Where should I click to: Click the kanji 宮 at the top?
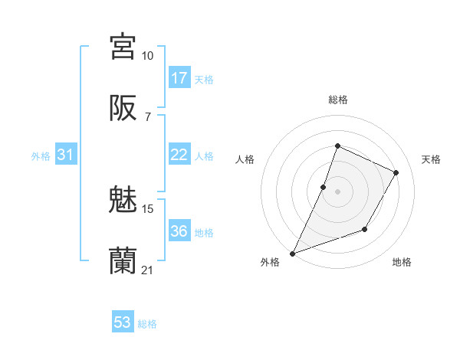[123, 46]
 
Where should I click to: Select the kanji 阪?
[123, 109]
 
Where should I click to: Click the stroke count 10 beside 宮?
[148, 55]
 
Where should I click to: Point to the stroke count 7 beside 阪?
[147, 117]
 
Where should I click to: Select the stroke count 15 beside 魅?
[148, 208]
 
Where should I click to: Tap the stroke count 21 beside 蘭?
[148, 270]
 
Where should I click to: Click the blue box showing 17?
[179, 77]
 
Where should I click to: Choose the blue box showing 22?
[179, 155]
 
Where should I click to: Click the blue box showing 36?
[179, 231]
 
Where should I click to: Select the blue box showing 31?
[66, 155]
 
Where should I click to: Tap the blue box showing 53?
[123, 322]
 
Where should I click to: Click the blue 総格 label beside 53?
[148, 324]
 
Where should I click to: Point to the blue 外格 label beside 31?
[41, 156]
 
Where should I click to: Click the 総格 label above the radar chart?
[337, 100]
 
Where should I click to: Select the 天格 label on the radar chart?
[432, 159]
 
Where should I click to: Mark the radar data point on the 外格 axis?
[293, 253]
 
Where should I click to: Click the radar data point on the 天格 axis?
[396, 172]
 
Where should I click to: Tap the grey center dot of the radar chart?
[337, 191]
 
